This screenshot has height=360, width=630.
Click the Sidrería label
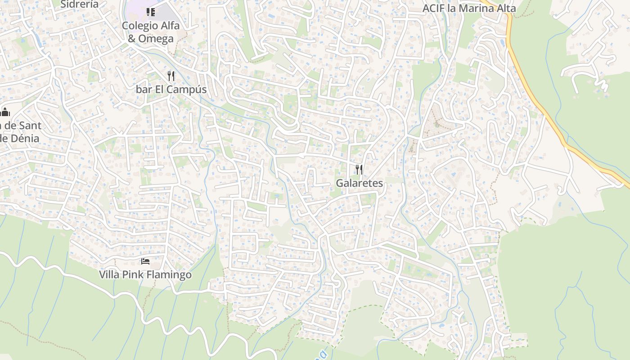tap(79, 4)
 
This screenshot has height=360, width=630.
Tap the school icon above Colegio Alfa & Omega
tap(151, 12)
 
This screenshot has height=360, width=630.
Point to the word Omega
tap(156, 39)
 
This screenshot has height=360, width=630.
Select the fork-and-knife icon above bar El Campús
tap(171, 76)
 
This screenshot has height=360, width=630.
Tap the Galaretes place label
tap(360, 183)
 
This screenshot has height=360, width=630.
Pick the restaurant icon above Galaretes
tap(359, 169)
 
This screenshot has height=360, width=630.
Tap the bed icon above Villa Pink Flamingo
tap(145, 261)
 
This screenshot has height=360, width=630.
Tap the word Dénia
tap(22, 138)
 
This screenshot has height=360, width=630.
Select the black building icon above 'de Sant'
tap(5, 112)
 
